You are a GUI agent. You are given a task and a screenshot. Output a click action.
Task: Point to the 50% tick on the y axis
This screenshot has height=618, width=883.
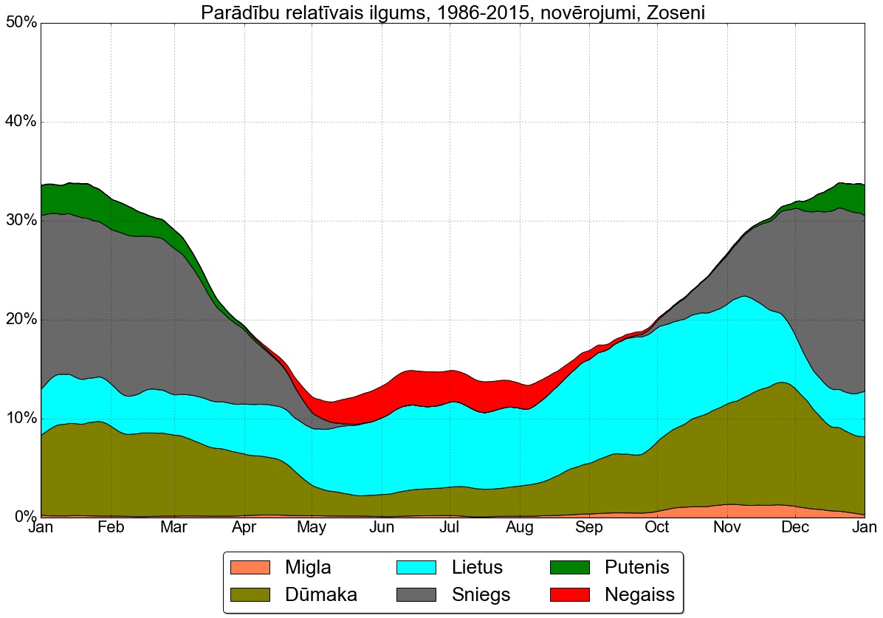point(21,23)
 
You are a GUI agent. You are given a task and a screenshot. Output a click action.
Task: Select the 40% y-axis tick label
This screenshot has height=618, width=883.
point(21,122)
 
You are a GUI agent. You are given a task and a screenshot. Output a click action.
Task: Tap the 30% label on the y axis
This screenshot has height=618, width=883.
point(21,221)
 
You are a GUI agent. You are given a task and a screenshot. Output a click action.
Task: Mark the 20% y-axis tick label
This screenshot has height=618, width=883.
point(21,320)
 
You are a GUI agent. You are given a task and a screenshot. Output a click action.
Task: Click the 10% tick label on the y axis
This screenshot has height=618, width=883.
point(21,419)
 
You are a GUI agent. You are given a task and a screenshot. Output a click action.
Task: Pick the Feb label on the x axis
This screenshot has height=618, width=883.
point(111,528)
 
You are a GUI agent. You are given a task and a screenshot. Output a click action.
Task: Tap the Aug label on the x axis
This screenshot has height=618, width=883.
point(520,528)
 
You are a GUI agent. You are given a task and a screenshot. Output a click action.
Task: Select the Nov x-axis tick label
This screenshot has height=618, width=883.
point(727,528)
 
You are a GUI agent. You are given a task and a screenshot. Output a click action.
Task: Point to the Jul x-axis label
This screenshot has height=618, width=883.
point(450,528)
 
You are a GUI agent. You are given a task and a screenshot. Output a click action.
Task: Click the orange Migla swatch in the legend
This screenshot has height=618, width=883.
point(251,567)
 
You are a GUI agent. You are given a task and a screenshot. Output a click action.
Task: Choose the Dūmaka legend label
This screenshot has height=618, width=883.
point(322,594)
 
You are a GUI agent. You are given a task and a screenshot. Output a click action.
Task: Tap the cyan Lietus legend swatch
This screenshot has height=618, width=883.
point(418,567)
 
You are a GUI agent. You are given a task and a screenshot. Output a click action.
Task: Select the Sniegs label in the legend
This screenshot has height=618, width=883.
point(481,594)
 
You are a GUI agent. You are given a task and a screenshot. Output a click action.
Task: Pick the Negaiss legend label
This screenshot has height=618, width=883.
point(639,594)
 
